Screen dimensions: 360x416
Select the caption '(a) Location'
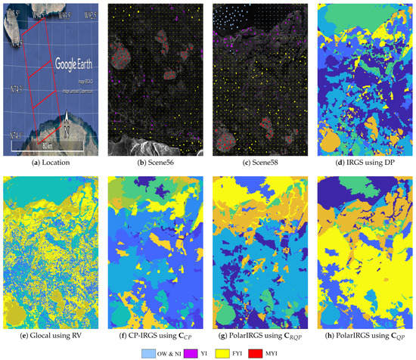[x=51, y=160]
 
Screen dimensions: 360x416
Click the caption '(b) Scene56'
[x=154, y=160]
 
